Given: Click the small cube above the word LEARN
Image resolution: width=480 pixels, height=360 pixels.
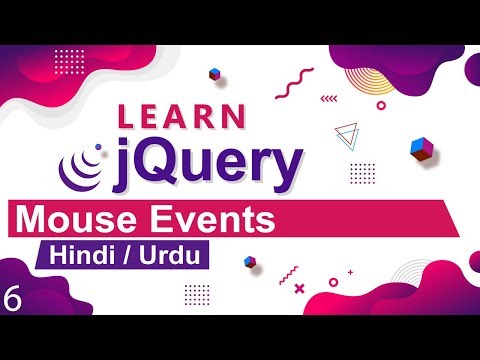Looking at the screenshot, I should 215,74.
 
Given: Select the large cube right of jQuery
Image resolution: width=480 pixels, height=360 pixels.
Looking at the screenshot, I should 419,149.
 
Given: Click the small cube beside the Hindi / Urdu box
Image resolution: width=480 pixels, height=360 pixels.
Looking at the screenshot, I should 249,262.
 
